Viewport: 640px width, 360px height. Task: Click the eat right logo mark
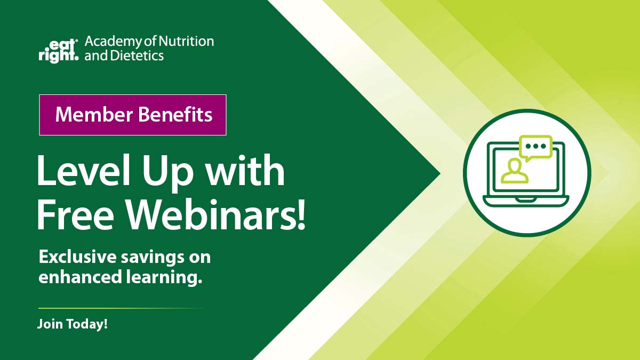pos(58,49)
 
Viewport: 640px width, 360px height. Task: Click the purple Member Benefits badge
pos(133,115)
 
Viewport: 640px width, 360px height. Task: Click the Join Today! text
pos(73,324)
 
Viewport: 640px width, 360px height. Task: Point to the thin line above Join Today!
pos(121,308)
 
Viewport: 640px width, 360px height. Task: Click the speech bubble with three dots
pos(535,147)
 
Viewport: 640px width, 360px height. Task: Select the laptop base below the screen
pos(526,201)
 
